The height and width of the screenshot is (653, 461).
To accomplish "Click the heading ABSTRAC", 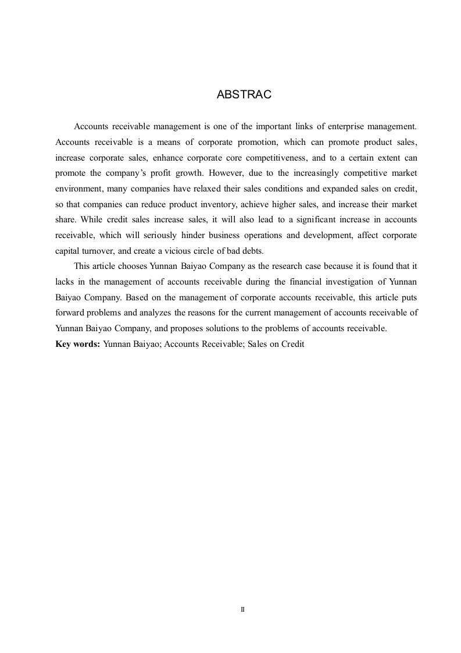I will tap(244, 94).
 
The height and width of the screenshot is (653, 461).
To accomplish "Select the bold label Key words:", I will tap(77, 344).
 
